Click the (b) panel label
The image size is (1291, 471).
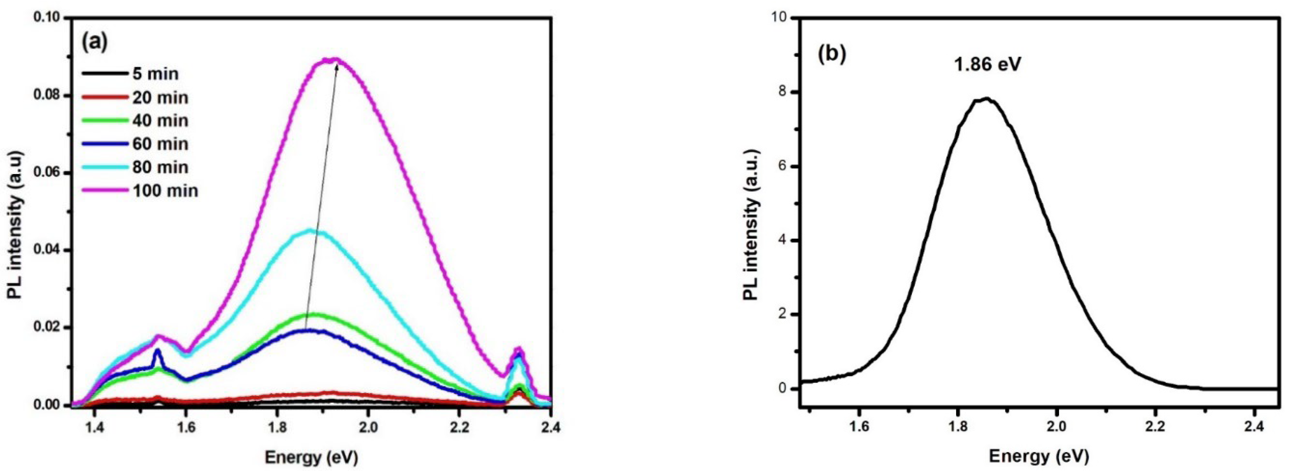pos(832,54)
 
